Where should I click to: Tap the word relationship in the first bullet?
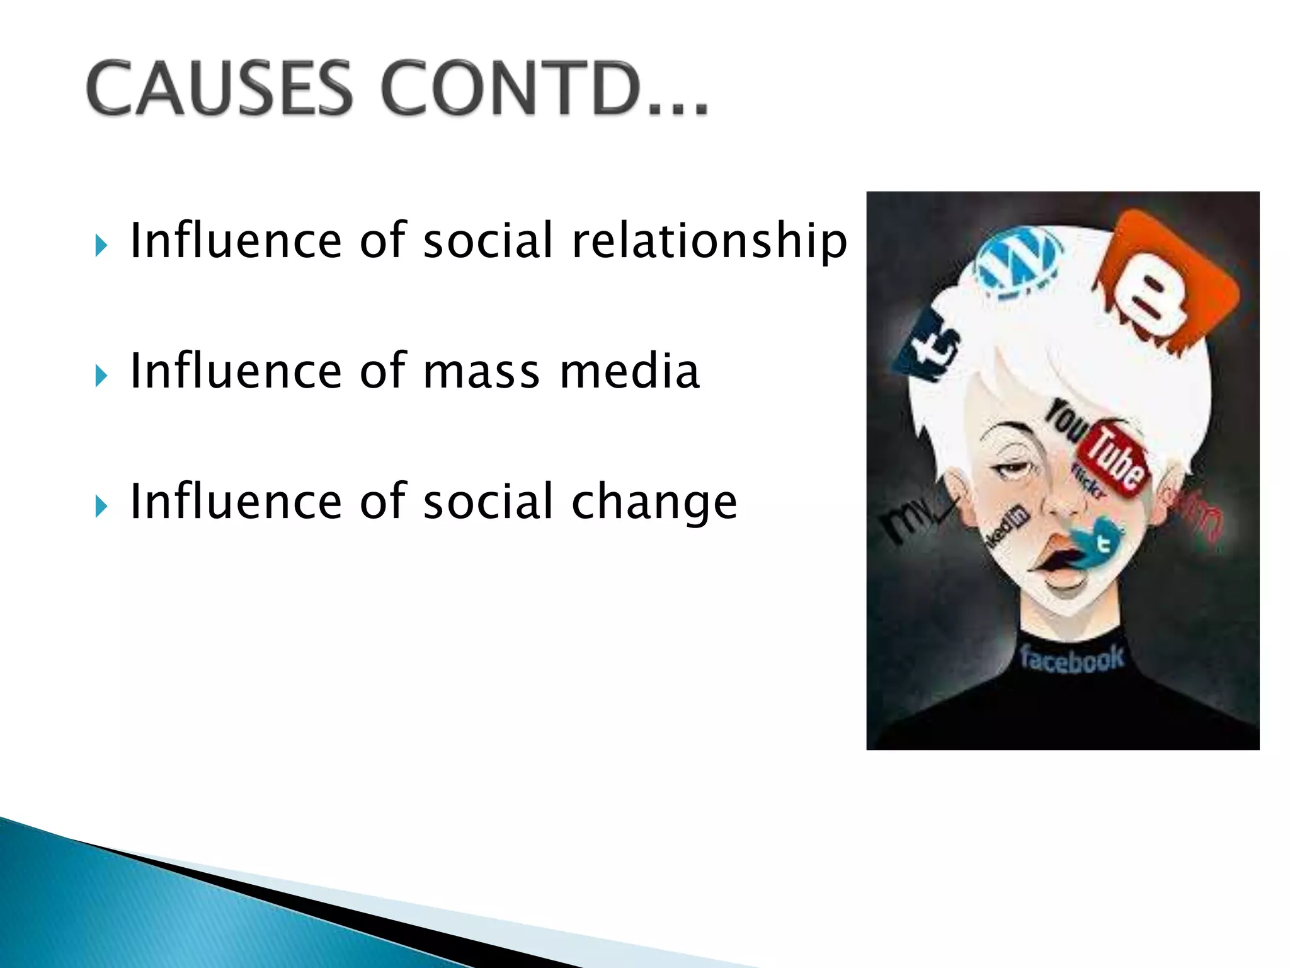709,241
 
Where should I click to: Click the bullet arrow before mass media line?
101,376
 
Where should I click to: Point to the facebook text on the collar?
1071,659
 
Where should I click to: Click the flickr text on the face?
1088,483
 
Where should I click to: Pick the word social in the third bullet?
488,502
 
